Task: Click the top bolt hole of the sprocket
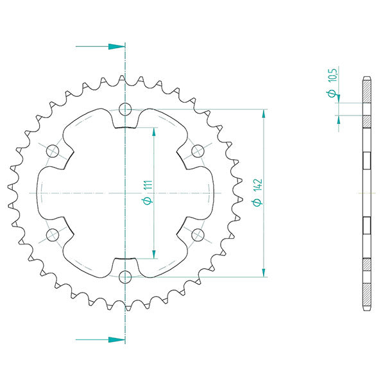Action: (x=125, y=108)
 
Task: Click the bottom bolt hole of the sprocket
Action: (x=125, y=277)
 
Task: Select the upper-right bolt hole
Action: (x=198, y=151)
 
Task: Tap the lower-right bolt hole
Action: (x=198, y=234)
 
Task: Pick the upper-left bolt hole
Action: (x=53, y=151)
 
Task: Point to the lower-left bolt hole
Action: (x=53, y=234)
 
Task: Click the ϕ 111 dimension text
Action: (x=146, y=193)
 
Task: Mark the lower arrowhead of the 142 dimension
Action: (x=263, y=272)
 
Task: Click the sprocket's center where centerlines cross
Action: (x=125, y=193)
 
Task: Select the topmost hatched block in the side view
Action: (x=367, y=90)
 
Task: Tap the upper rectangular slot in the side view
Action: (x=367, y=160)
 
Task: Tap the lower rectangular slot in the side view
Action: (x=367, y=225)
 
